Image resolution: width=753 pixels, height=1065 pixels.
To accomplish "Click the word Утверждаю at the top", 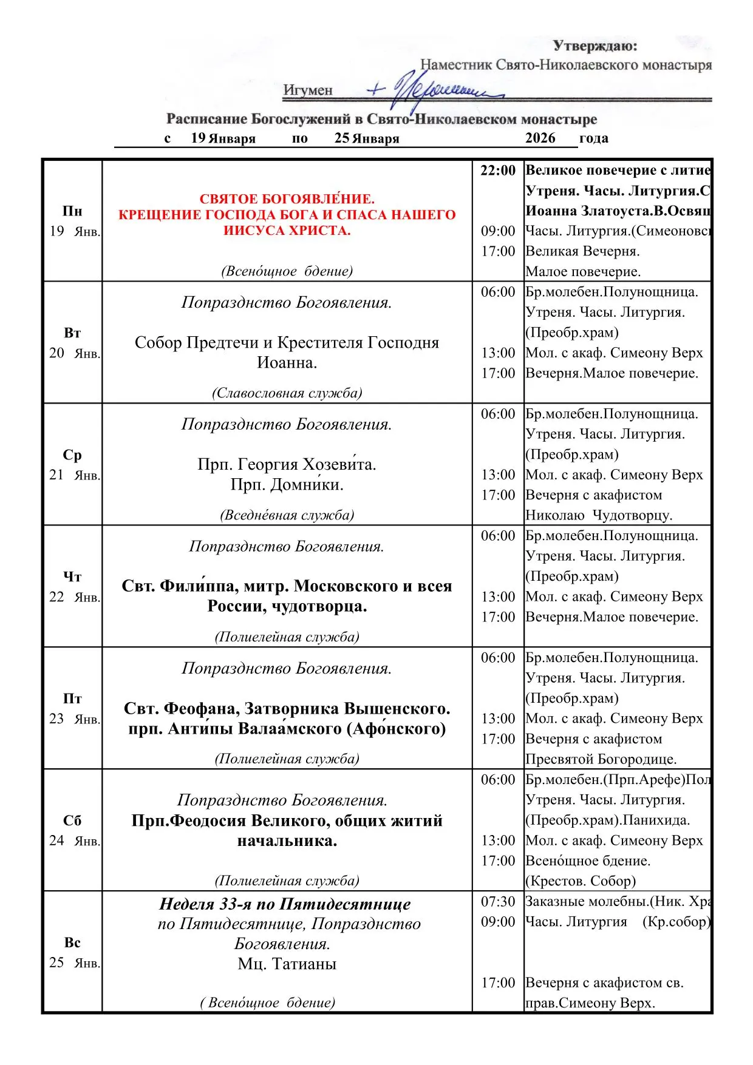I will pos(595,46).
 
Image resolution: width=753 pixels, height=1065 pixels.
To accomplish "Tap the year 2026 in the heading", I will pos(540,138).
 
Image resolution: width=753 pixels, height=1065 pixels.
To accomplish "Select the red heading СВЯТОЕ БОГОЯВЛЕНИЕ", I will pos(287,199).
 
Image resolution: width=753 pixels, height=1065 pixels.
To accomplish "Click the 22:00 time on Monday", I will pos(498,171).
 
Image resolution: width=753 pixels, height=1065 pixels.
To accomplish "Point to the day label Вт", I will pos(72,333).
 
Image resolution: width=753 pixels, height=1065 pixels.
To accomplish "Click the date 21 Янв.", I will pos(74,475).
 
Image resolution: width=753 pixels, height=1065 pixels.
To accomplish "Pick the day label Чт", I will pos(72,577).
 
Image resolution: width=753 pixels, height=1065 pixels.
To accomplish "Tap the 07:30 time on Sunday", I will pos(498,902).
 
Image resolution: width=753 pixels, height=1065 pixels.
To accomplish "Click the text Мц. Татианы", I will pos(287,964).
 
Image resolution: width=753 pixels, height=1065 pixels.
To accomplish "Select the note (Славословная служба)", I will pos(287,393).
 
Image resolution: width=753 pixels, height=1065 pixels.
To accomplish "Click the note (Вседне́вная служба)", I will pos(287,515).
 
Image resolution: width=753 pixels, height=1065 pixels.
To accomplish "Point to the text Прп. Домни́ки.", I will pos(287,485).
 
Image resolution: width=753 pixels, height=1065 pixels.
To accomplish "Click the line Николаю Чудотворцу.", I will pos(599,515).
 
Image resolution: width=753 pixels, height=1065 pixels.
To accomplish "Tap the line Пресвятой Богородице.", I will pos(601,759).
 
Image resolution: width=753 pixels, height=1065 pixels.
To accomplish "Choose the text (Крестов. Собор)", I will pos(581,881).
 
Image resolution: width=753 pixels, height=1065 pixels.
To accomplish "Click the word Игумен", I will pos(308,90).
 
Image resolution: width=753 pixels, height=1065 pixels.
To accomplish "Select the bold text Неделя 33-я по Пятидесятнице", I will pos(285,904).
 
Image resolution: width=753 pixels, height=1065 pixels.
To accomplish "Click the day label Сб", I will pos(72,821).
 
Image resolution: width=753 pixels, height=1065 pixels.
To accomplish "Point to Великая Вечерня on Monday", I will pos(582,251).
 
